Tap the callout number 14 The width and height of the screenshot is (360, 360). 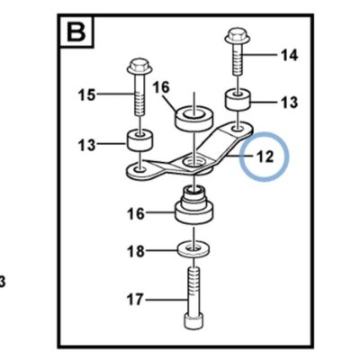(x=289, y=56)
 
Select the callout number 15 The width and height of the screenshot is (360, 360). (x=86, y=94)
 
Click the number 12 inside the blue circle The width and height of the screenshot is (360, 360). (x=265, y=157)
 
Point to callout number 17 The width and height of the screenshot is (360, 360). (x=135, y=300)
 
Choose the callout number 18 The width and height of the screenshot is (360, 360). (x=136, y=251)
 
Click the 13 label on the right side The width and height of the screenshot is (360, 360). (x=290, y=103)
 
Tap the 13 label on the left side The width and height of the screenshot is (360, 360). (x=86, y=146)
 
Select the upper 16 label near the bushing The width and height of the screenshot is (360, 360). (x=161, y=87)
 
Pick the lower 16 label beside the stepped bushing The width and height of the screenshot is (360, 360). (x=136, y=214)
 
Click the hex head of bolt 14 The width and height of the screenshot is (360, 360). (x=238, y=37)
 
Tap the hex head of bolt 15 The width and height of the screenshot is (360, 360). (x=139, y=67)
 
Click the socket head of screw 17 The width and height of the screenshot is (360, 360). (x=193, y=321)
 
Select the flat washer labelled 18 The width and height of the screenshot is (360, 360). (x=193, y=250)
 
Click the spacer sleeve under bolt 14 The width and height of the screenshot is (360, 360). (x=238, y=100)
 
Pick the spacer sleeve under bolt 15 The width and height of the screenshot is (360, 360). (x=139, y=139)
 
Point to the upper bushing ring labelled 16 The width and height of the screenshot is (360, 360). (x=194, y=118)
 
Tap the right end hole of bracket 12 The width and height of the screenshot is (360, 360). (x=238, y=128)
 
